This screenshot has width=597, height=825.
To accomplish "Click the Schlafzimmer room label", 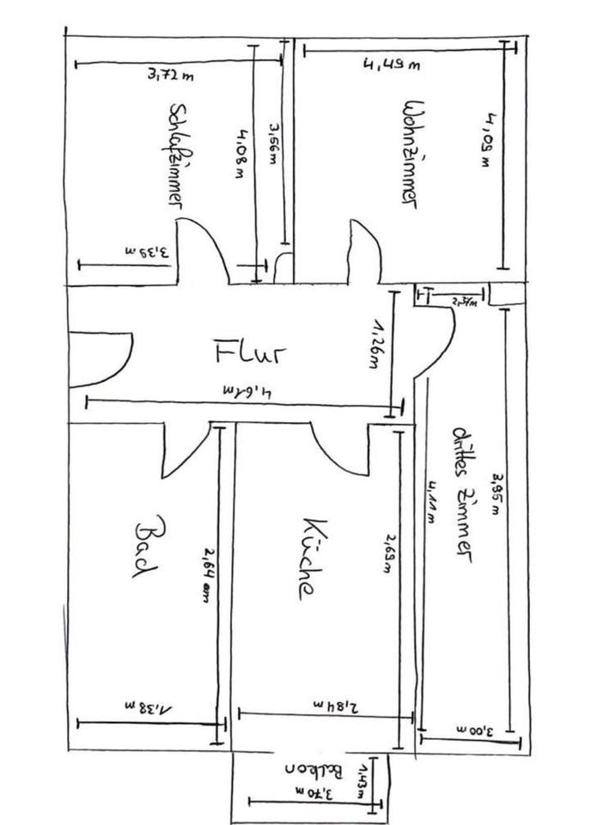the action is pyautogui.click(x=178, y=156).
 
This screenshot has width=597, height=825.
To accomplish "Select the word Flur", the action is pyautogui.click(x=249, y=351).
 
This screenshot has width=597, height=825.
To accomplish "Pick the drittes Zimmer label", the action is pyautogui.click(x=463, y=493).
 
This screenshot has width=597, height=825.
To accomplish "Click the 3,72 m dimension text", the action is pyautogui.click(x=170, y=76).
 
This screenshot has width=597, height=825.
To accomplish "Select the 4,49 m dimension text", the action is pyautogui.click(x=391, y=64).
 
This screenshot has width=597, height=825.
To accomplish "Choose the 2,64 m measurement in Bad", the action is pyautogui.click(x=206, y=575).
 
